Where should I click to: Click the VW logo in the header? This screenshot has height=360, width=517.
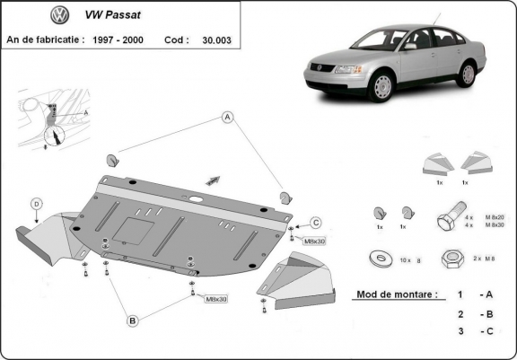click(59, 15)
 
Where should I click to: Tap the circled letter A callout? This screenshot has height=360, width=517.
click(228, 118)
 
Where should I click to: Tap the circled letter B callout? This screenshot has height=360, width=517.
click(132, 320)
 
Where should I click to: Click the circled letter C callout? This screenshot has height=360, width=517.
click(316, 223)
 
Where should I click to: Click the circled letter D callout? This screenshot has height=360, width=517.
click(36, 204)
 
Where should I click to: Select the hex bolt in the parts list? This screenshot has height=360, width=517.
click(445, 221)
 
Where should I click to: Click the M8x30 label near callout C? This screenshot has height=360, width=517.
click(314, 241)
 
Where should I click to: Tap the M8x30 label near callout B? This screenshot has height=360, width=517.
click(216, 299)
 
